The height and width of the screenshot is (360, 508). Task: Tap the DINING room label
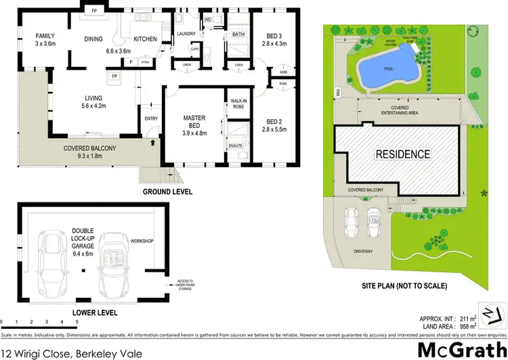coord(93,39)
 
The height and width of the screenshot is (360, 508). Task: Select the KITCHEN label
coord(146,39)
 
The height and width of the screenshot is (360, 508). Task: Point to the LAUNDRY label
coord(186,34)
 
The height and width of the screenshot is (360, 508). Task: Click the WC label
coord(208,20)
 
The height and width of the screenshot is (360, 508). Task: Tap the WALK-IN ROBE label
coord(238,104)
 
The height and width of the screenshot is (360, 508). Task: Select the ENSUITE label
coord(235,145)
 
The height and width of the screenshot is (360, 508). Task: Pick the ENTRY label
coord(150,120)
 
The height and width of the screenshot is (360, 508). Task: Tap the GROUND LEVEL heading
coord(167,192)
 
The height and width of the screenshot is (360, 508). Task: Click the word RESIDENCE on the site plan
coord(403,154)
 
